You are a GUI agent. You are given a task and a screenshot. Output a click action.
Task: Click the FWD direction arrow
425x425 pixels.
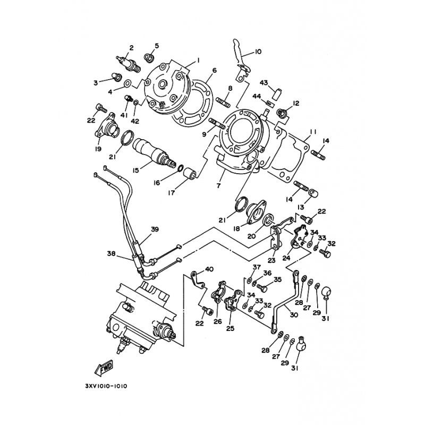pos(104,368)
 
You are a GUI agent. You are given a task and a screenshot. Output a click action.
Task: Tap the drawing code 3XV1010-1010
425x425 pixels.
pos(106,386)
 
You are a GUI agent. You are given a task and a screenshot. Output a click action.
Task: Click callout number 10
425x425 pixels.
pos(258,51)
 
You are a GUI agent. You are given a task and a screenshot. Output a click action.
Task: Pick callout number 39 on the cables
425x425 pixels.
pos(155,229)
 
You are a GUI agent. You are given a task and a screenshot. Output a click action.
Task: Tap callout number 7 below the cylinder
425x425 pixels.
pos(218,185)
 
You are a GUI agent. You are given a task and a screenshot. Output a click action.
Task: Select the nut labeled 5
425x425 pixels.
pos(149,58)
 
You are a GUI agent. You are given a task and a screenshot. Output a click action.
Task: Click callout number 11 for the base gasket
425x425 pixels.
pos(313,132)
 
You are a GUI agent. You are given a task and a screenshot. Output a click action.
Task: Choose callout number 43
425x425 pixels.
pos(263,83)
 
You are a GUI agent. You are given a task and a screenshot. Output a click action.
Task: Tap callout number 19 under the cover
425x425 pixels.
pos(98,149)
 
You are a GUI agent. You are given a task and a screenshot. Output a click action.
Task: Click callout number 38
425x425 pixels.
pos(112,254)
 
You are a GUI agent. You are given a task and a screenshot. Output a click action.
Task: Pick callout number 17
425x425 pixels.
pos(171,193)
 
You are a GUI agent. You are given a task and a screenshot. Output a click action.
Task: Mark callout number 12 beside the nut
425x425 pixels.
pos(296,103)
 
